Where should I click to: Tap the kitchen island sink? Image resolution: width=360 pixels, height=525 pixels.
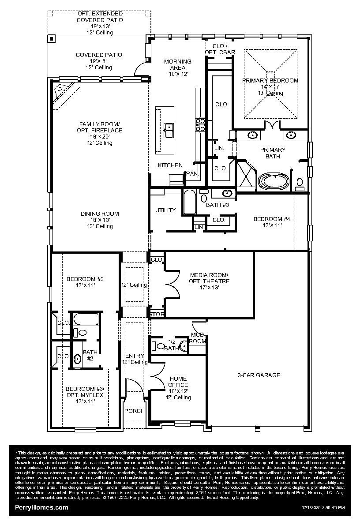pyautogui.click(x=169, y=130)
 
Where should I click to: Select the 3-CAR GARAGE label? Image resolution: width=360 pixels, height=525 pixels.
pyautogui.click(x=259, y=375)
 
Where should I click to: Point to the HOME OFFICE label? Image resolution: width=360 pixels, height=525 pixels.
pyautogui.click(x=178, y=382)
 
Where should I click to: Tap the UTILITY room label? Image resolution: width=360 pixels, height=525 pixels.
pyautogui.click(x=165, y=210)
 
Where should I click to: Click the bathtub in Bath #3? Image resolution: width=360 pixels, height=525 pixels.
pyautogui.click(x=190, y=202)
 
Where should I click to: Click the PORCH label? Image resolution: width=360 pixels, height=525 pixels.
pyautogui.click(x=135, y=411)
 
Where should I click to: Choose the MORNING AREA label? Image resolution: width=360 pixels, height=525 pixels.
pyautogui.click(x=177, y=64)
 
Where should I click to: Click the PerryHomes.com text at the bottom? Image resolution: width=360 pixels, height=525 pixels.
pyautogui.click(x=41, y=507)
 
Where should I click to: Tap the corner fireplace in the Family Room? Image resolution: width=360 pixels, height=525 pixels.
pyautogui.click(x=63, y=92)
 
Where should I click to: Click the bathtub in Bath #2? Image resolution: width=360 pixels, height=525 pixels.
pyautogui.click(x=86, y=319)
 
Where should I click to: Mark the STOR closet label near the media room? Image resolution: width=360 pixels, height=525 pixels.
pyautogui.click(x=157, y=315)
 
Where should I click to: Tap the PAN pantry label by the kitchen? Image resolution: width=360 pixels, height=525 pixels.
pyautogui.click(x=192, y=173)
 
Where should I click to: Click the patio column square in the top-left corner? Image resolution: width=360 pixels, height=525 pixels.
pyautogui.click(x=51, y=38)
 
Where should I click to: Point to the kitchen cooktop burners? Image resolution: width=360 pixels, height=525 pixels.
pyautogui.click(x=201, y=124)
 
